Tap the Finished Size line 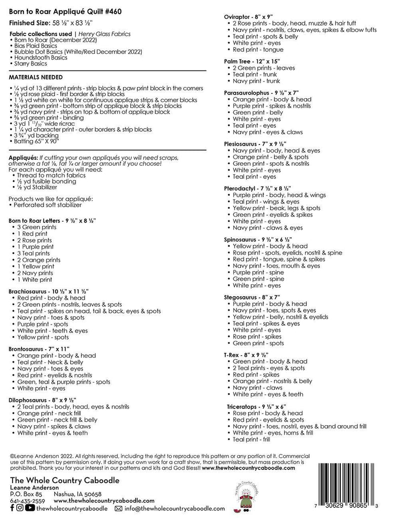coord(51,23)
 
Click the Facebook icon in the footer coord(13,508)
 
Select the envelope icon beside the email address coord(118,508)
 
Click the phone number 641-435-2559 coord(27,500)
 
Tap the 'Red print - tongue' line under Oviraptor coord(258,50)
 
